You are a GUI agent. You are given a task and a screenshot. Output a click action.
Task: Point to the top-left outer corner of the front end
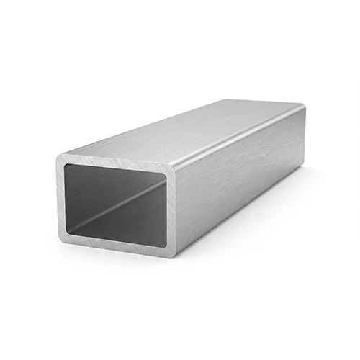[x=59, y=157]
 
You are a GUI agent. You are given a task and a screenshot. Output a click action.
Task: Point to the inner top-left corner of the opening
[x=66, y=164]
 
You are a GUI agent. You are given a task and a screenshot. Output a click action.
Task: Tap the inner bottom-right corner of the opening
[x=167, y=246]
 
